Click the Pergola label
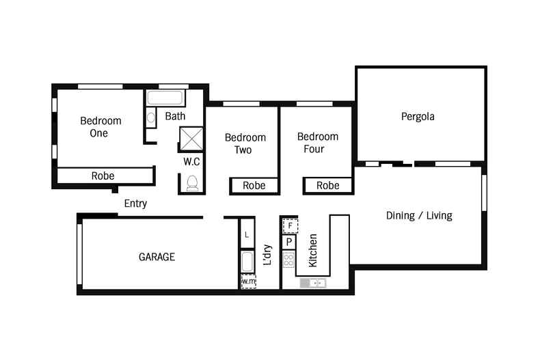pos(418,117)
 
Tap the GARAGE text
pos(157,257)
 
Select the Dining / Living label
pos(419,215)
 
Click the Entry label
pos(135,204)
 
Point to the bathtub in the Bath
pos(165,98)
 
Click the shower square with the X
pos(191,139)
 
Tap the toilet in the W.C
pos(192,183)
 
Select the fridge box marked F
pos(290,226)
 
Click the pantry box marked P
pos(289,242)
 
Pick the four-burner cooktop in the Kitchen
pos(288,260)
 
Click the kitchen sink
pos(312,283)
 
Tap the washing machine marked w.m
pos(248,281)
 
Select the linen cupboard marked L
pos(247,235)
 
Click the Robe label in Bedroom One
pos(103,176)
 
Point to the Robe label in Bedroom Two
pos(254,186)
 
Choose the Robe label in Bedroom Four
pos(327,186)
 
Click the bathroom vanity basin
pos(151,117)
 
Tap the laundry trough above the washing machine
pos(247,262)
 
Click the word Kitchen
pos(312,250)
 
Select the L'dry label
pos(267,255)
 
